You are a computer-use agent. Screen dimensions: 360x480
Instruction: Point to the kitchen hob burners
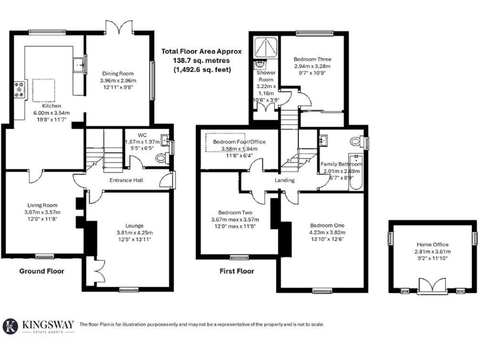[x=20, y=89]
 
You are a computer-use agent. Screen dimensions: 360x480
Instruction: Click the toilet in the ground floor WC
[x=161, y=159]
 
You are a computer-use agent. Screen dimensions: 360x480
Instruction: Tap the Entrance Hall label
[x=126, y=180]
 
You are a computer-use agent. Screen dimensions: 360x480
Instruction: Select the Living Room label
[x=42, y=205]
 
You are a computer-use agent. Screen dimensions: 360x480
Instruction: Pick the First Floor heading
[x=237, y=271]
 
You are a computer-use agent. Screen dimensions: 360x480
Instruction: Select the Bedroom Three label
[x=312, y=59]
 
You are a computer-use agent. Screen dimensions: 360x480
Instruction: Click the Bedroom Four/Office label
[x=239, y=142]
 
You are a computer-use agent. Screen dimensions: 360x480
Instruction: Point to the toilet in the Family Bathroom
[x=357, y=141]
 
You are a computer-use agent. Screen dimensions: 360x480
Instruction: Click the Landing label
[x=285, y=181]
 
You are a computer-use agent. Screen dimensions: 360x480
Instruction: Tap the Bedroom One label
[x=327, y=225]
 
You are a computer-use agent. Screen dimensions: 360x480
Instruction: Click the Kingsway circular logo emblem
[x=11, y=326]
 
